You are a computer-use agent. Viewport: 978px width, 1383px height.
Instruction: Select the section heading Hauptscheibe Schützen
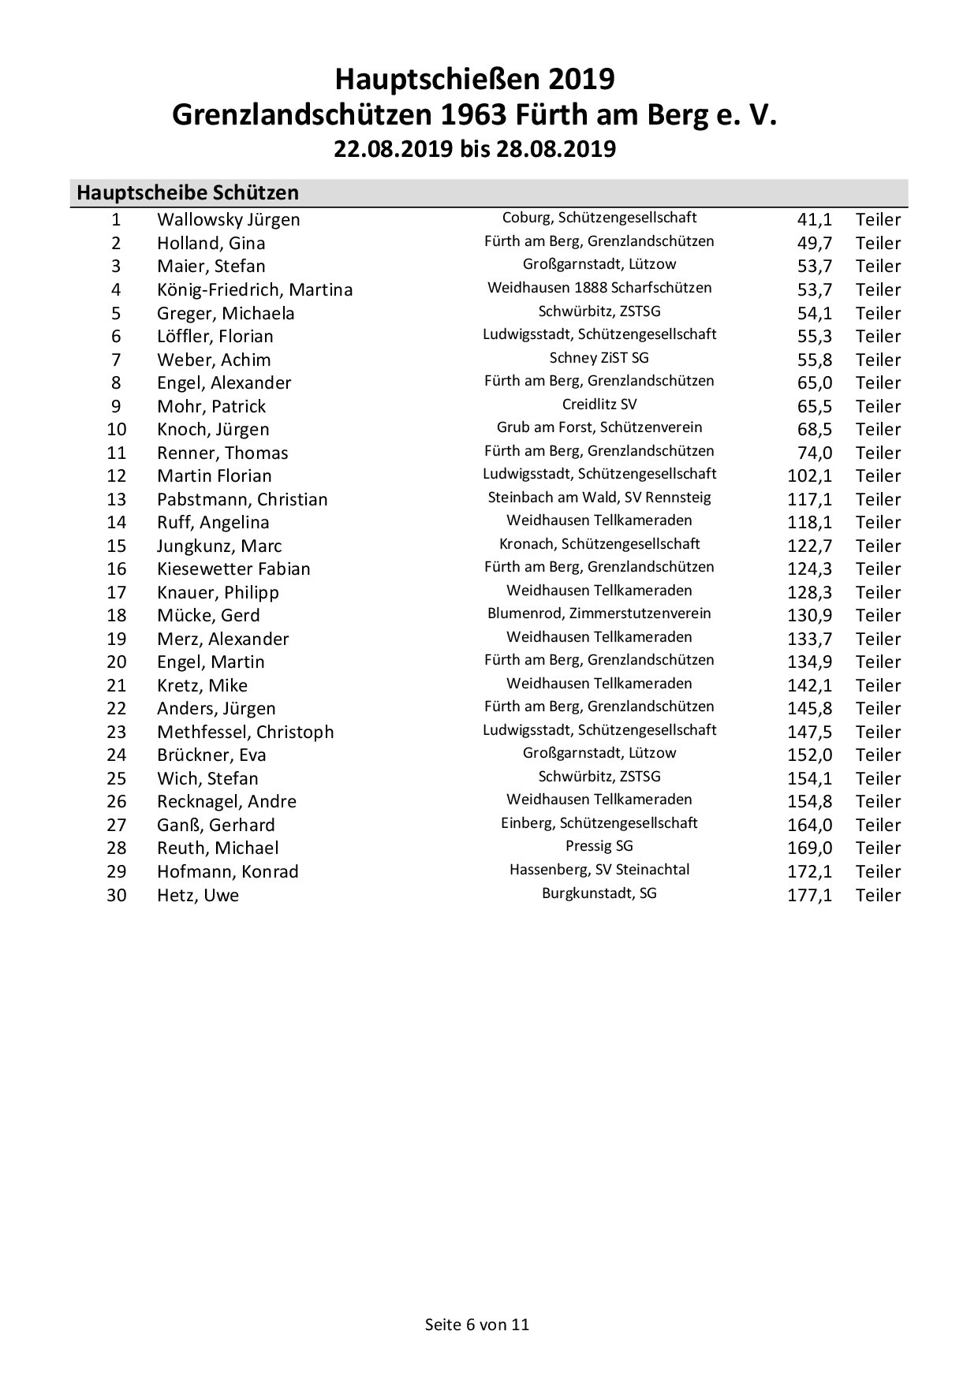coord(188,193)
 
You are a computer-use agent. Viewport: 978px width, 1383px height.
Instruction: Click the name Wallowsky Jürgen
coord(228,220)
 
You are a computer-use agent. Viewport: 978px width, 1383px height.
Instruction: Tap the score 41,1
coord(814,220)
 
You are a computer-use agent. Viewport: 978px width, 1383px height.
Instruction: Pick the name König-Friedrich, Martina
coord(255,290)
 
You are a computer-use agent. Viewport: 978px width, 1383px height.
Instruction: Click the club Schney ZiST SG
coord(599,358)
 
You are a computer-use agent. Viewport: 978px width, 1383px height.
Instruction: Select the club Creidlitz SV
coord(599,404)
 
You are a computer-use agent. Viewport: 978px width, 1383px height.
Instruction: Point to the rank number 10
coord(117,430)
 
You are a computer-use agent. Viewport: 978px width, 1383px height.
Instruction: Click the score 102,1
coord(809,476)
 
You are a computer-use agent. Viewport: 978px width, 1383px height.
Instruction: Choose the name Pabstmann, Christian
coord(242,500)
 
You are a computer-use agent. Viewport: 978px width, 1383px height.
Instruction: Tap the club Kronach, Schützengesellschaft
coord(599,544)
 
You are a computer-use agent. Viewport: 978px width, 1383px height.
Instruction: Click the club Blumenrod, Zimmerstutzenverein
coord(599,613)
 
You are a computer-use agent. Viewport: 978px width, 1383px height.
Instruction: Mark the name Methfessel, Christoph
coord(245,733)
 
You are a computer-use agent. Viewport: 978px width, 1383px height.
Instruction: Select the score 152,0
coord(809,755)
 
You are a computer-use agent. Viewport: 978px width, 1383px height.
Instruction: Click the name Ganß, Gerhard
coord(216,826)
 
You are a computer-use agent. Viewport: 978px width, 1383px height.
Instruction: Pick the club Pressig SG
coord(599,846)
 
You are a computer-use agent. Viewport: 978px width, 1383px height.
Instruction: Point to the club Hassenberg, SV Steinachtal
coord(599,870)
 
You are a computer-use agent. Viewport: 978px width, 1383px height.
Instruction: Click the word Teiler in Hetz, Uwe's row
coord(878,896)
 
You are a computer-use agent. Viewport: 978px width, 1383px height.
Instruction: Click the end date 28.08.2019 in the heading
coord(555,149)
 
